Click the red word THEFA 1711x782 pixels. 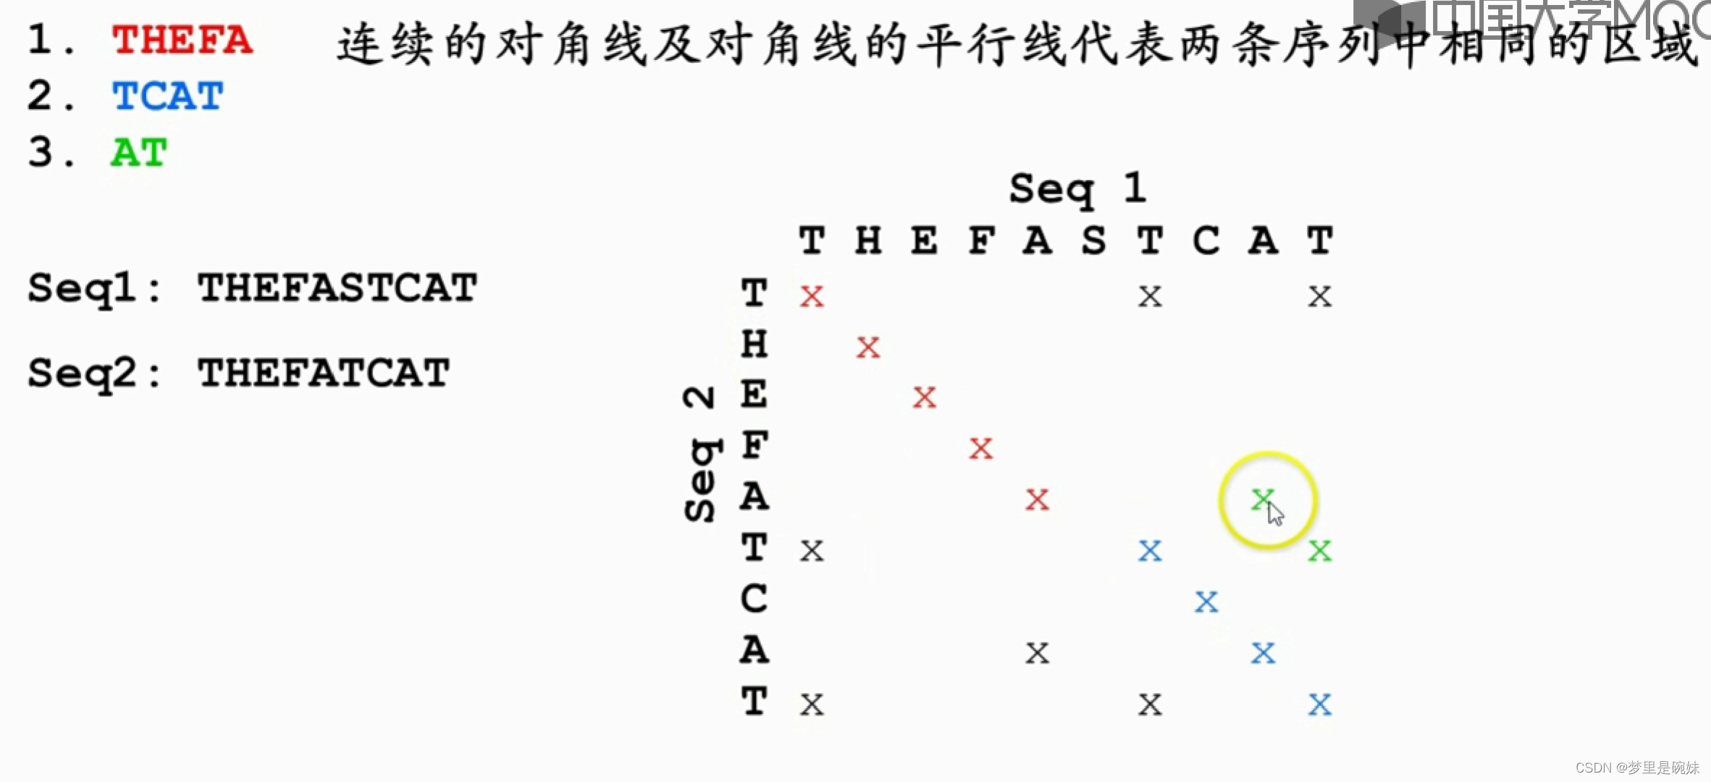tap(182, 40)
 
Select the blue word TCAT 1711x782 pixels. tap(167, 96)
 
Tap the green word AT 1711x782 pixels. tap(138, 153)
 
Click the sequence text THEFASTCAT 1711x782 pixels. tap(337, 287)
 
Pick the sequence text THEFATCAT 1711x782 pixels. tap(324, 373)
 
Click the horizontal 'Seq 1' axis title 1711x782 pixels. tap(1077, 188)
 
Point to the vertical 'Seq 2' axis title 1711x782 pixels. tap(700, 454)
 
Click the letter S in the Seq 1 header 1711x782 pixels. tap(1093, 240)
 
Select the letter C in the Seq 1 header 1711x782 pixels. tap(1206, 240)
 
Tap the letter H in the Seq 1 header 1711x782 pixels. tap(868, 240)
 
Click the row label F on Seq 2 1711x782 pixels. tap(754, 445)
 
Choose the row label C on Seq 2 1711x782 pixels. tap(754, 599)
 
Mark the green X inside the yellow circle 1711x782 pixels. tap(1262, 498)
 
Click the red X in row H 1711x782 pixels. tap(868, 348)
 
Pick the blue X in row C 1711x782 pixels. tap(1206, 602)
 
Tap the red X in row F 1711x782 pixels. tap(981, 449)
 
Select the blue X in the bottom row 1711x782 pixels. tap(1319, 705)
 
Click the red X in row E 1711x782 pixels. tap(925, 398)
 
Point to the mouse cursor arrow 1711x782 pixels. tap(1275, 513)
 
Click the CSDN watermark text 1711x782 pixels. tap(1637, 768)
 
